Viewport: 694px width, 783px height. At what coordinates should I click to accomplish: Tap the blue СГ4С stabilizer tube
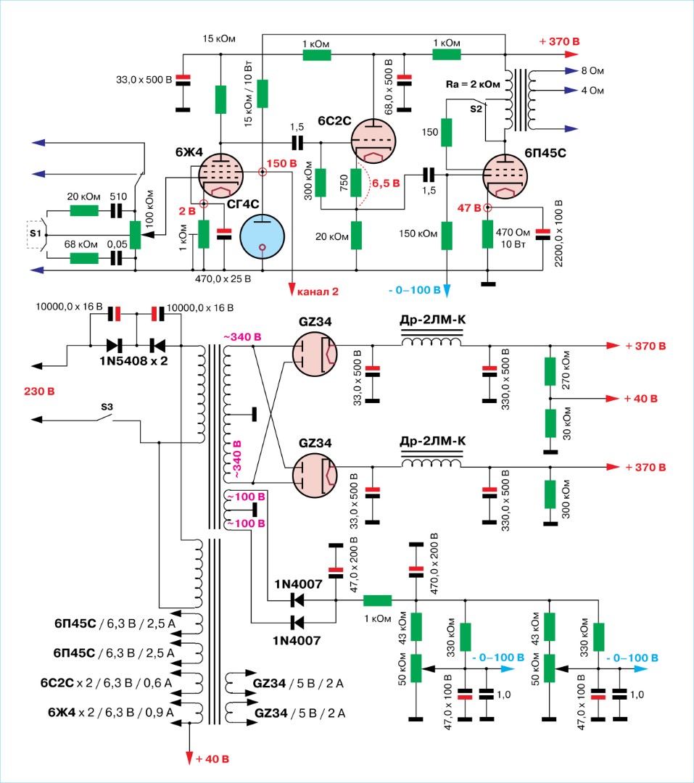click(263, 236)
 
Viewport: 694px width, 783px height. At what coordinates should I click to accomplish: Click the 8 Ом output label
click(590, 71)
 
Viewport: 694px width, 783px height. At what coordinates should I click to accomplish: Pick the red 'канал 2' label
click(318, 292)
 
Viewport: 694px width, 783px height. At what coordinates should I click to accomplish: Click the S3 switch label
click(106, 407)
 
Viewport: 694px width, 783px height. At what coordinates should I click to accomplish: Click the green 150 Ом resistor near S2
click(447, 133)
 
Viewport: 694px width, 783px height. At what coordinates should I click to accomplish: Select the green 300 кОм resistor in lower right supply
click(550, 494)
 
